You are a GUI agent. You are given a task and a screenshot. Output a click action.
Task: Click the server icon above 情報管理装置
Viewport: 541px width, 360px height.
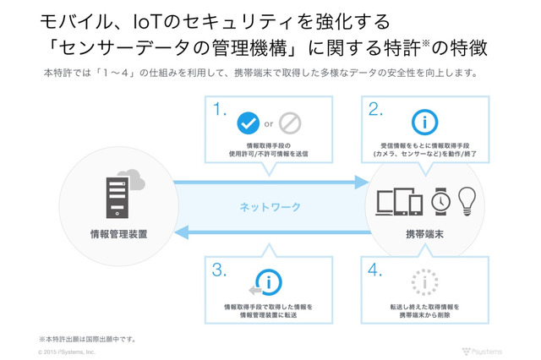click(112, 195)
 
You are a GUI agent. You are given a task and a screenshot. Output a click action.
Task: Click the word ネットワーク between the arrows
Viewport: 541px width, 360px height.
click(270, 206)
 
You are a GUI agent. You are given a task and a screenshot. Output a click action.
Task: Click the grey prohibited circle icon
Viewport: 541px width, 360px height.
click(290, 123)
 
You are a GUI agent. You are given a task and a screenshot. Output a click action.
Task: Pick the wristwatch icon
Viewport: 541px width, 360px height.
click(440, 200)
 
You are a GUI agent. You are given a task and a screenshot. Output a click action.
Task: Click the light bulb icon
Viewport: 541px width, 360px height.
click(467, 199)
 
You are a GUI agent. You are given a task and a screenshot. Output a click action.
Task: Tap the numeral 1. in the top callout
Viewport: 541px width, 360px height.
click(220, 109)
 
